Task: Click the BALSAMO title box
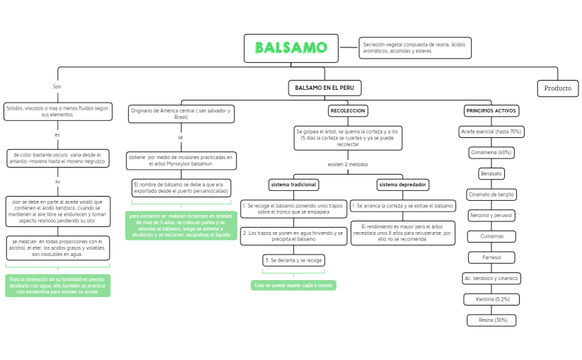291,48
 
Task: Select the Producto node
557,88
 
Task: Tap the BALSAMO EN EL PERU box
325,88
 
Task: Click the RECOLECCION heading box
347,111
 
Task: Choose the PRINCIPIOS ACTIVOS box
491,111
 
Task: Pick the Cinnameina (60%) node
491,152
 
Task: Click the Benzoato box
491,173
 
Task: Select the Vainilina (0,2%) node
491,299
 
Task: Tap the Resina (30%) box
491,320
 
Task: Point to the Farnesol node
491,257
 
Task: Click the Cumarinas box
491,236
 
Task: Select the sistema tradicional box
293,185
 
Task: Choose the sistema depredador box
402,185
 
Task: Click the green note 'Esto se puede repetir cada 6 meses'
293,285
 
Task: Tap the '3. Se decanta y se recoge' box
293,260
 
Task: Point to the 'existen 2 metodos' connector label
347,164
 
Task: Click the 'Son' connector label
57,87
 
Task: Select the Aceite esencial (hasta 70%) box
491,132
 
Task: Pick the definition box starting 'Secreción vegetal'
414,47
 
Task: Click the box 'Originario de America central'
180,113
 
